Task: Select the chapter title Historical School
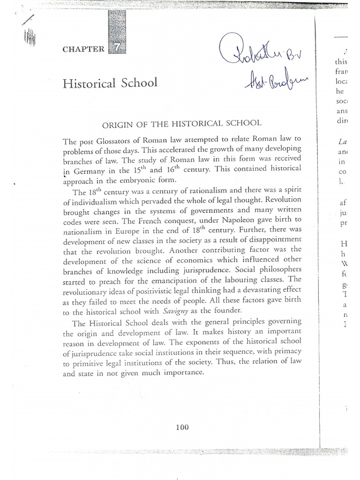tap(110, 83)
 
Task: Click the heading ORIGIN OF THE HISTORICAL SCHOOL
tap(180, 123)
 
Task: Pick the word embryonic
tap(146, 180)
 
